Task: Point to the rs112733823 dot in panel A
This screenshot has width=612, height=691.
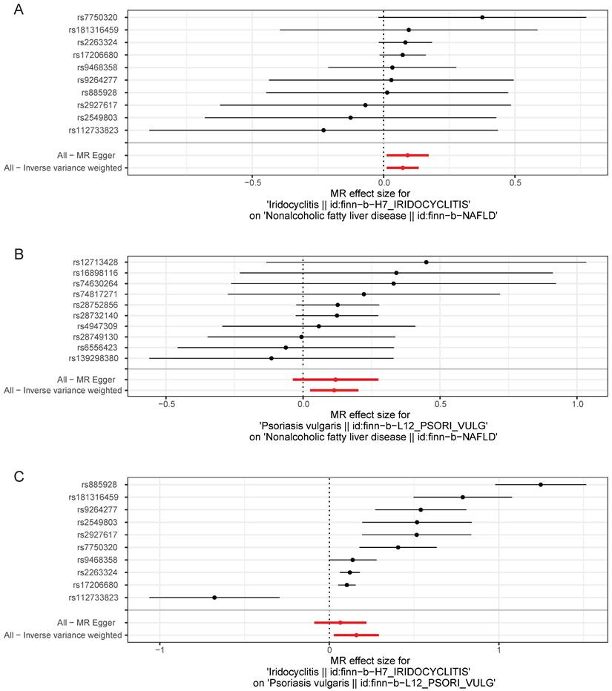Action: point(323,130)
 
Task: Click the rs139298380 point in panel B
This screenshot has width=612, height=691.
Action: point(272,358)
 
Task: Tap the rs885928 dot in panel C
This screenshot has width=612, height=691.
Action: point(541,484)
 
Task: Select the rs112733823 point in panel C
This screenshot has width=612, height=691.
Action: point(214,598)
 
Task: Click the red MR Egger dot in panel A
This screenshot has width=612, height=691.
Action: point(407,156)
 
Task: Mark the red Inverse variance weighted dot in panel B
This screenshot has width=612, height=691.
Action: point(334,390)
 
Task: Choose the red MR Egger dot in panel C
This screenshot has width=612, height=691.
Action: point(340,623)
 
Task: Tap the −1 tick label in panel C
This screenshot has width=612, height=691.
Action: point(159,651)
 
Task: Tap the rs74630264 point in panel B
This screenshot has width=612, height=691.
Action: point(394,283)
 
